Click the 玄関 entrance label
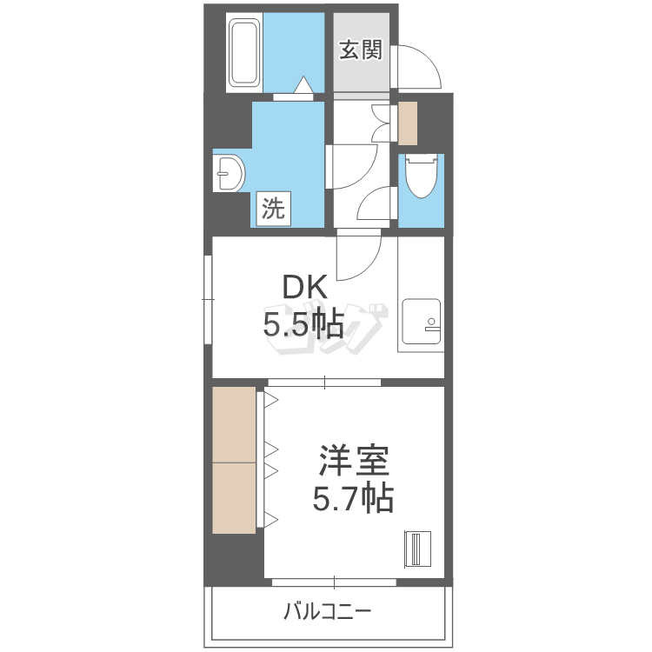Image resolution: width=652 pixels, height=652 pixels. click(361, 50)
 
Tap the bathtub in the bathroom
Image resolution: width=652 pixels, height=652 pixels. click(244, 52)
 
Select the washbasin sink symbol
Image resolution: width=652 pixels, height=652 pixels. click(229, 173)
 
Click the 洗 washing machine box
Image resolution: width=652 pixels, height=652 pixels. click(273, 209)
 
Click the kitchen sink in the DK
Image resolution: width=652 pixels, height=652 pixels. click(422, 321)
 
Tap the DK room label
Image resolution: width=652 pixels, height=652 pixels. click(304, 287)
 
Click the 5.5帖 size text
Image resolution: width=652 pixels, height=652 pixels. click(303, 323)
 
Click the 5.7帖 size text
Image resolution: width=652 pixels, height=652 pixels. click(353, 497)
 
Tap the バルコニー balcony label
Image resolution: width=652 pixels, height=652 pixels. click(327, 611)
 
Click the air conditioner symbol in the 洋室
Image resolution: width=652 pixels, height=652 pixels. click(417, 549)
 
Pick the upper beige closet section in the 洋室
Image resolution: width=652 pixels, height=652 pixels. click(234, 424)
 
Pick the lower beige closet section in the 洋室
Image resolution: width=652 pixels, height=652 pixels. click(234, 498)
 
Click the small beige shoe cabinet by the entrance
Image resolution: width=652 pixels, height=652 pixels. click(408, 123)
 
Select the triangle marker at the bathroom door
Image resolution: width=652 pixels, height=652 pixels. click(303, 85)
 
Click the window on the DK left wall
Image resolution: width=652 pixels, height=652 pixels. click(209, 299)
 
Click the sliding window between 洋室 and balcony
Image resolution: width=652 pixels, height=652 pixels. click(334, 582)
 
